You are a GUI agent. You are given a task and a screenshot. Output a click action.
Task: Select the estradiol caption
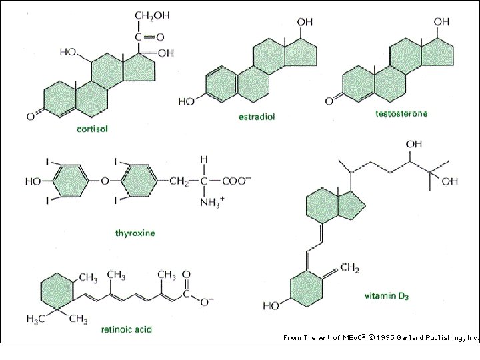tap(257, 117)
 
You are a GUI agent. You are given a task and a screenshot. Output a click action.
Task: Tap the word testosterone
tap(401, 114)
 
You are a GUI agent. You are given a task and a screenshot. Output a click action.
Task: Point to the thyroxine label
tap(135, 233)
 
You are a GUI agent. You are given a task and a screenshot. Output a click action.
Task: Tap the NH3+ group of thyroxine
tap(212, 203)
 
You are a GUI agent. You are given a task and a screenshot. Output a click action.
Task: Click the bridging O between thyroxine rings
tap(105, 180)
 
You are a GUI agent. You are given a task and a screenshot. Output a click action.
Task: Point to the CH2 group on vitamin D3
tap(349, 268)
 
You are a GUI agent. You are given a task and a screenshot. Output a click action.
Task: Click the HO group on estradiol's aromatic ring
tap(187, 101)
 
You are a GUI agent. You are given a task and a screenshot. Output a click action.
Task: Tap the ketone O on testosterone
tap(329, 101)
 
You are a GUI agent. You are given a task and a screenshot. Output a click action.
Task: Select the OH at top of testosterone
tap(441, 22)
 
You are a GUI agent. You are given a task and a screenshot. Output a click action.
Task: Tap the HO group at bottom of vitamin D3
tap(271, 306)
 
